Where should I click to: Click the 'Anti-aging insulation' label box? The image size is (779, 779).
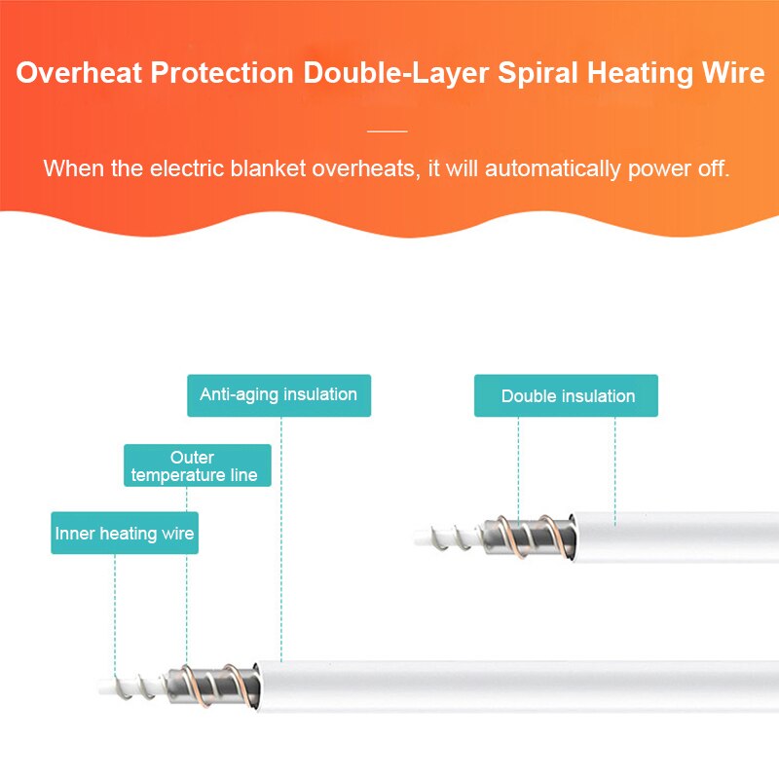[278, 395]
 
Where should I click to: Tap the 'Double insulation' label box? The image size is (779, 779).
[566, 395]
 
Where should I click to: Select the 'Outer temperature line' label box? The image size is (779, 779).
[198, 465]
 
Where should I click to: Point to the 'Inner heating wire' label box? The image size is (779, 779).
[125, 533]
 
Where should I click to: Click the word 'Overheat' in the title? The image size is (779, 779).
[80, 72]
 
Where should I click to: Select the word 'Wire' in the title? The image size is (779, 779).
[733, 72]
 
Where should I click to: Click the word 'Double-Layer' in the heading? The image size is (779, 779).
[396, 73]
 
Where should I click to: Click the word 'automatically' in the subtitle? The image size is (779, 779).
[553, 168]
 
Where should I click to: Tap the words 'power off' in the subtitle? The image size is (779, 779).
[679, 168]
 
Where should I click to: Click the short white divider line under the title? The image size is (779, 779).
[388, 131]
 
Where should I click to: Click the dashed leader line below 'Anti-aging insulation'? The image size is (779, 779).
[281, 539]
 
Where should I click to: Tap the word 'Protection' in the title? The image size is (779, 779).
[223, 72]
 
